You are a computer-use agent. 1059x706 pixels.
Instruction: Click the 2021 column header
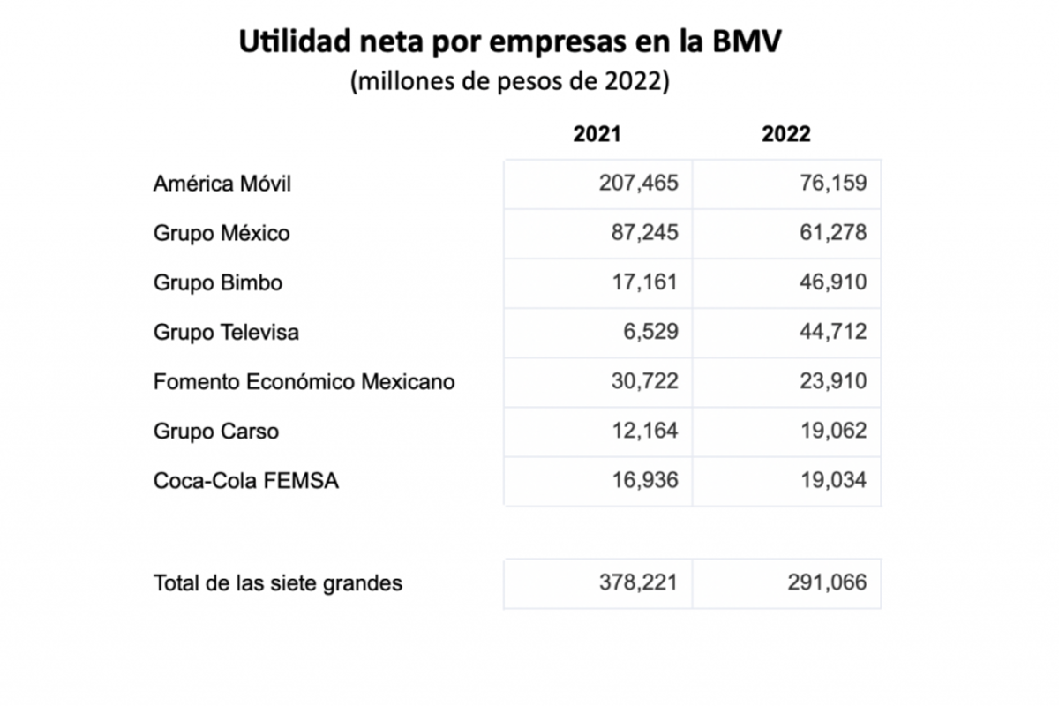coord(597,134)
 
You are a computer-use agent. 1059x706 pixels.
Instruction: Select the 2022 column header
coord(786,134)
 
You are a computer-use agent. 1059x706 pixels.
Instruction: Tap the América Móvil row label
coord(222,184)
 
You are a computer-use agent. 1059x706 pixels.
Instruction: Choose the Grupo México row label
coord(222,233)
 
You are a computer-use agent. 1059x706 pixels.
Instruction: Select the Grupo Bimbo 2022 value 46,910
coord(830,282)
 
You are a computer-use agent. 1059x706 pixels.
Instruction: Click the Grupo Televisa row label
coord(226,332)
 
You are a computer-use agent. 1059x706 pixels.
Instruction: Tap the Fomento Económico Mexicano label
coord(304,381)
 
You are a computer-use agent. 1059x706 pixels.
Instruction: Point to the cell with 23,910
coord(830,381)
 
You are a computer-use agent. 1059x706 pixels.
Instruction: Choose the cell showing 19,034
coord(830,480)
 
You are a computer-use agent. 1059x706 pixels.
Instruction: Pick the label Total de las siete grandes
coord(278,582)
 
